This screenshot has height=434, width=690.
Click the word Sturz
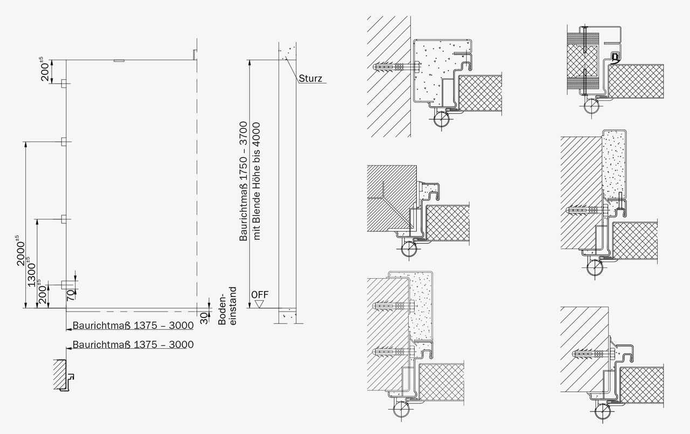point(310,79)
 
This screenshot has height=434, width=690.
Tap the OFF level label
point(260,295)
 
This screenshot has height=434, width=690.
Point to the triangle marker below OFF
point(259,304)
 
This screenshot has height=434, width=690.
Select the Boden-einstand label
point(227,306)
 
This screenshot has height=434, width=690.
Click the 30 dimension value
point(204,319)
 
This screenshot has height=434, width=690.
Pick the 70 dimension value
point(71,295)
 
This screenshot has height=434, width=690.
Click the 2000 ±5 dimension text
point(20,250)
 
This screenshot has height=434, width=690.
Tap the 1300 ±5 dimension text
point(31,272)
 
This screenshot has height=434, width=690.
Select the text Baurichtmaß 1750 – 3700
point(243,181)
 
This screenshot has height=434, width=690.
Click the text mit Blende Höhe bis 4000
point(256,181)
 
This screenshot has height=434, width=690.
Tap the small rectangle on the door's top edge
point(119,61)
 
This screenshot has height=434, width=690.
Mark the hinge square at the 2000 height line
point(64,142)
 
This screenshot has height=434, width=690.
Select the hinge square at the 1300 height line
point(64,219)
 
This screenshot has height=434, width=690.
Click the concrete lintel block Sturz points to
point(287,51)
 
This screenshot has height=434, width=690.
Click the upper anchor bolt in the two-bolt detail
point(394,306)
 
